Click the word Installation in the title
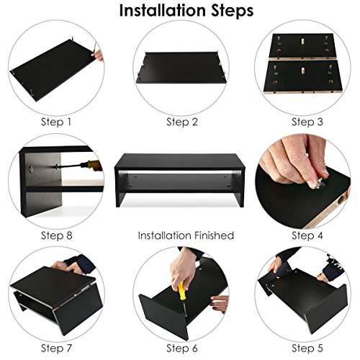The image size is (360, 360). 163,11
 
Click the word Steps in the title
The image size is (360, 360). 233,12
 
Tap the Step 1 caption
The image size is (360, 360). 56,122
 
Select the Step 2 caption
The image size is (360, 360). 182,122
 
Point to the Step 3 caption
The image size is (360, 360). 307,122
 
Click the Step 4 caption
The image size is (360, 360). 307,235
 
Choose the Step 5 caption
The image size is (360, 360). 307,348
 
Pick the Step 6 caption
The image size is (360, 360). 182,348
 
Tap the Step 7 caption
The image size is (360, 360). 56,348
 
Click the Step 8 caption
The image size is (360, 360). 56,235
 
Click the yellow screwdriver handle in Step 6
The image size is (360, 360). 182,291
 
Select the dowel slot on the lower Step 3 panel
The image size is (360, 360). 303,71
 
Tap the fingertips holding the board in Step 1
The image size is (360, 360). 98,56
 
